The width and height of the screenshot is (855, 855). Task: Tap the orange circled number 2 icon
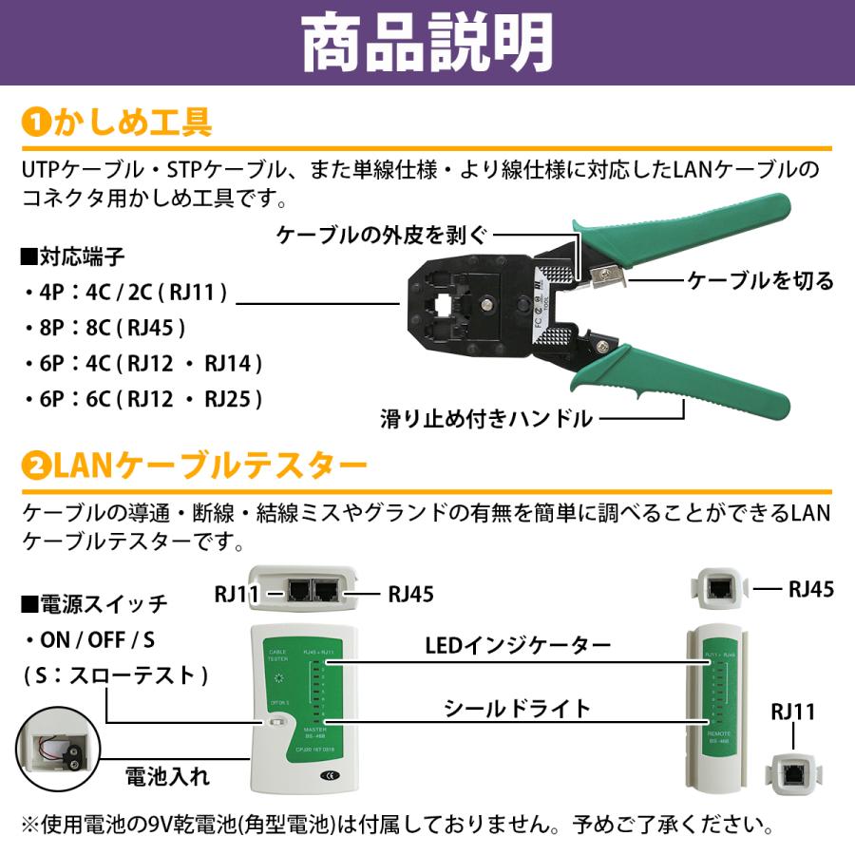click(34, 466)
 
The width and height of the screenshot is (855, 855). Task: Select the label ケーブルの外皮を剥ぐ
click(380, 235)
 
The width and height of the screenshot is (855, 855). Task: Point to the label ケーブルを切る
click(760, 281)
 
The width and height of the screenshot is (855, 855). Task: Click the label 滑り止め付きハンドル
click(486, 418)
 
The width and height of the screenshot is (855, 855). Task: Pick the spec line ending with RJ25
click(142, 399)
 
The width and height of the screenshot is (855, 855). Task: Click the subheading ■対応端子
click(72, 256)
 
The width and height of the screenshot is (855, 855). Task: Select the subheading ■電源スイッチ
click(93, 603)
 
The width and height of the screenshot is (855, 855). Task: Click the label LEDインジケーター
click(518, 646)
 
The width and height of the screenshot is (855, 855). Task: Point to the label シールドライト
click(518, 709)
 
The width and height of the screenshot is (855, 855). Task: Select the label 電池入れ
click(167, 777)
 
